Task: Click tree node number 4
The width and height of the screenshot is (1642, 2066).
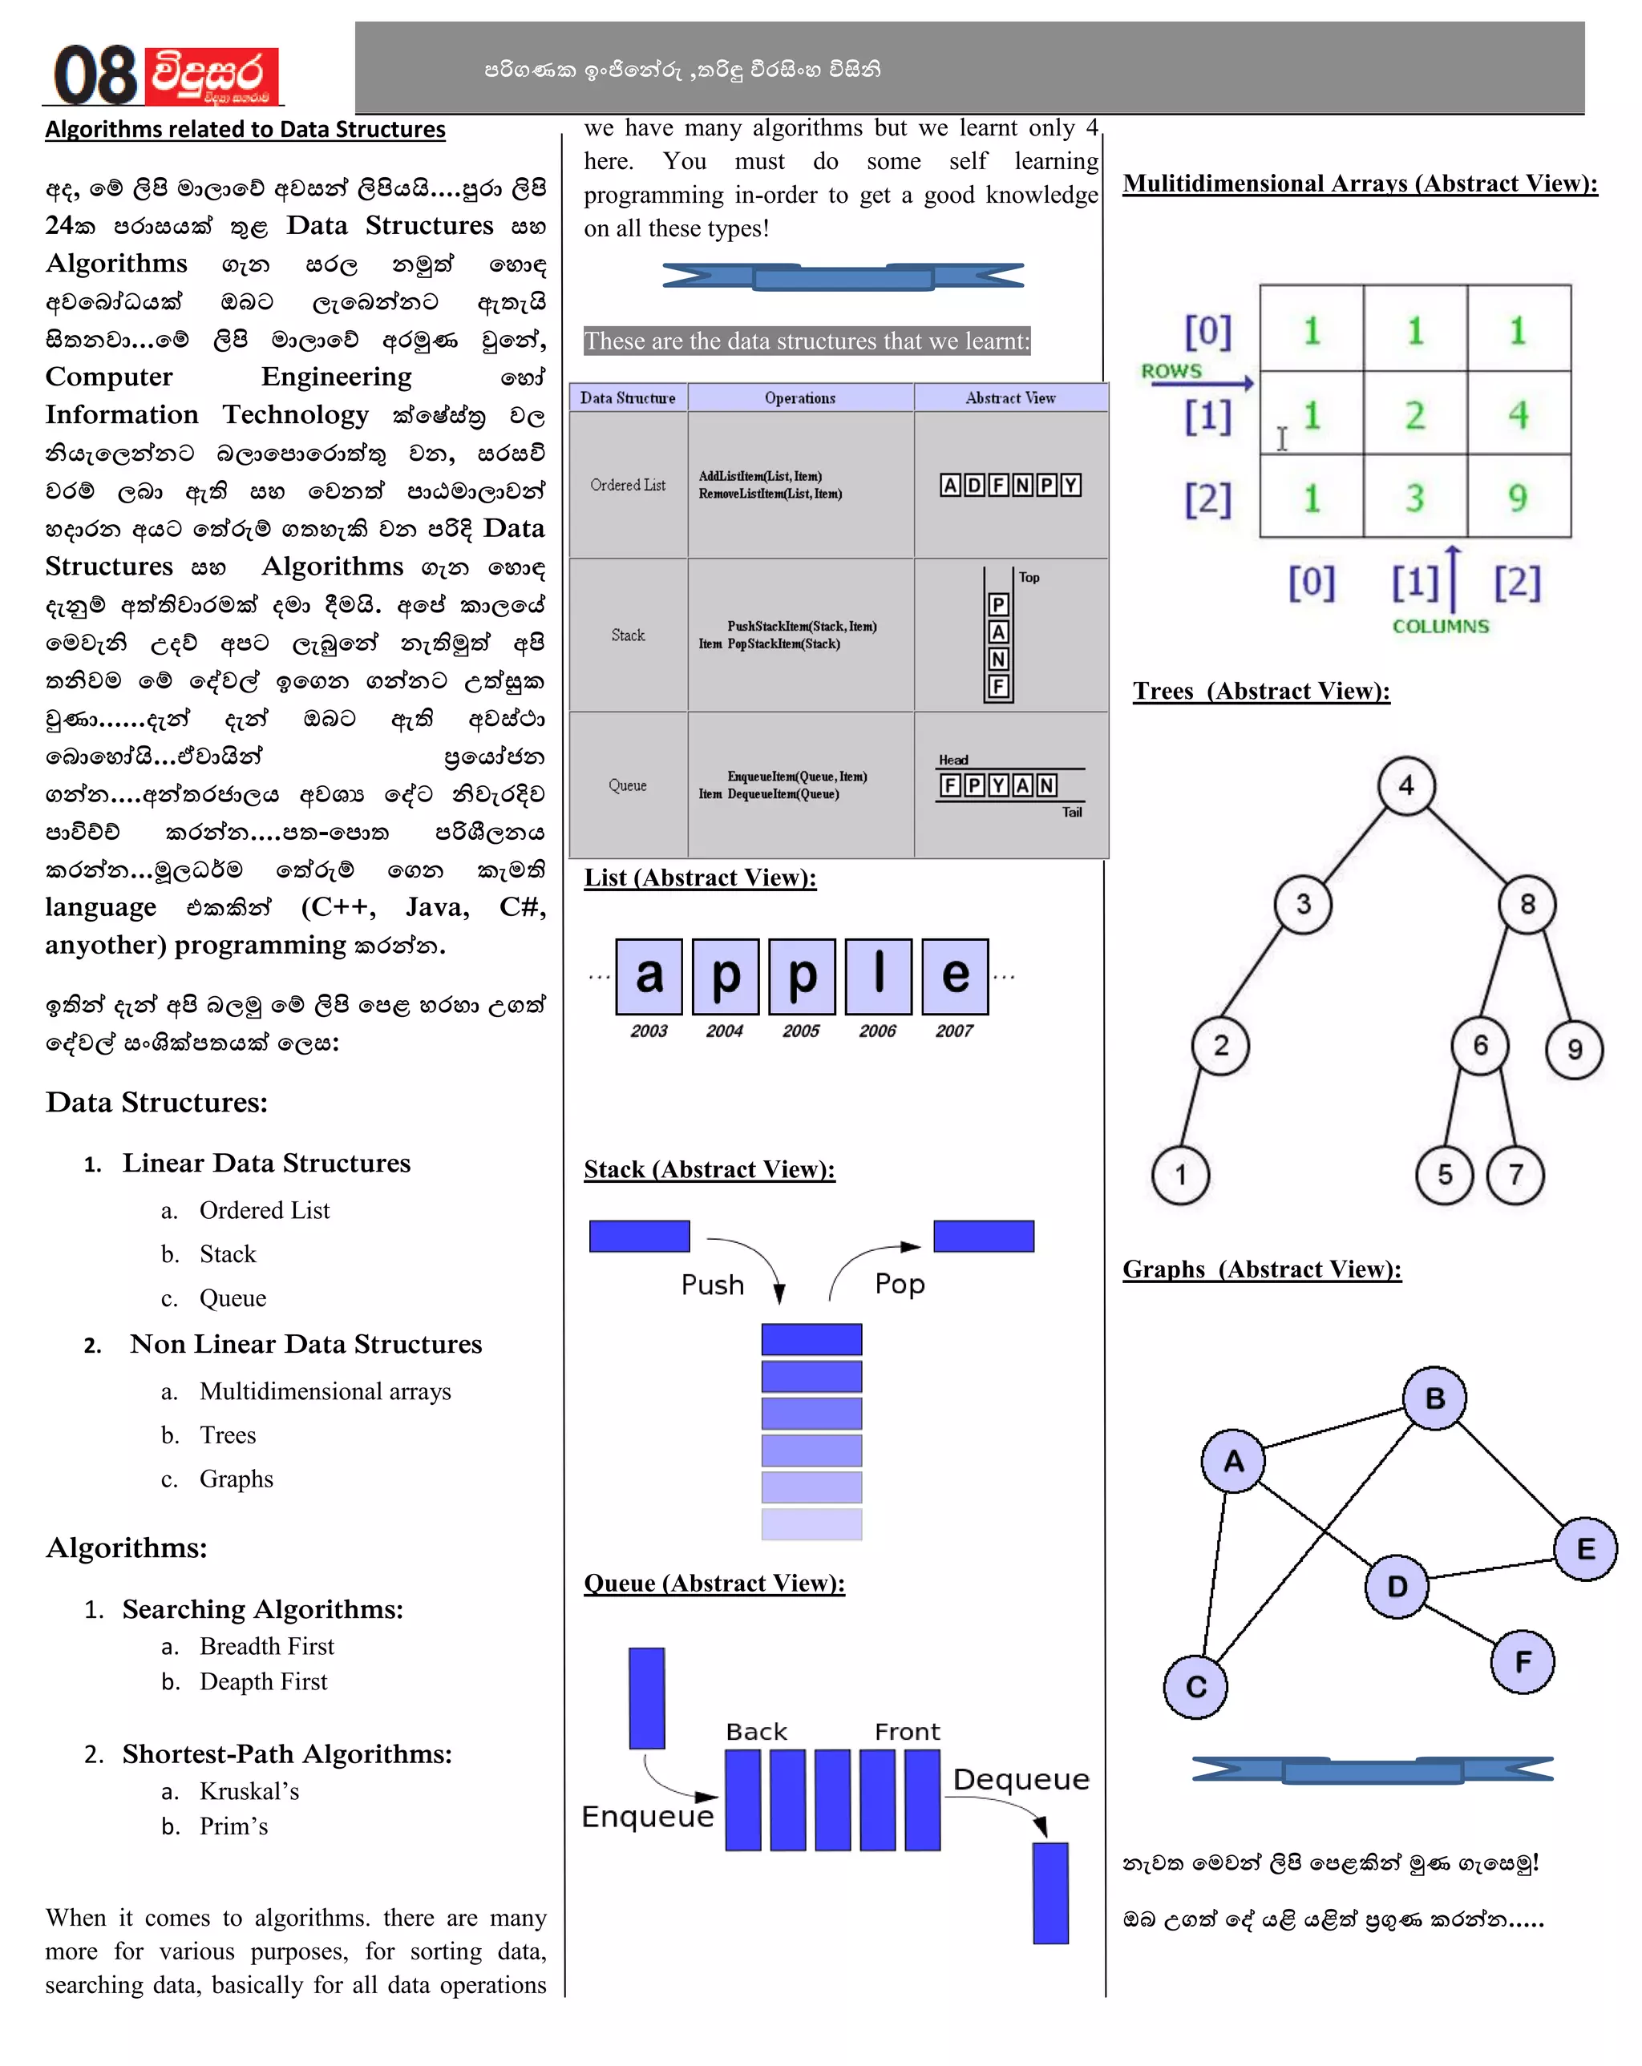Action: coord(1405,786)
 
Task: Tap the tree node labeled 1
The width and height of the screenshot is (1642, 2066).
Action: coord(1180,1175)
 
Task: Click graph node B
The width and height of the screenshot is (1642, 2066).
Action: coord(1434,1398)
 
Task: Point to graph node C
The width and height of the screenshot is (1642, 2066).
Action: coord(1195,1686)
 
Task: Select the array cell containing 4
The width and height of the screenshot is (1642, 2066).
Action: coord(1518,414)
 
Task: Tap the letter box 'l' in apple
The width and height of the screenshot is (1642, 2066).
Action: coord(878,975)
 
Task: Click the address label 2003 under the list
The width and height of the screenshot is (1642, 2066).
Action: coord(649,1031)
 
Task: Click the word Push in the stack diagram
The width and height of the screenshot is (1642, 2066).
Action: coord(712,1285)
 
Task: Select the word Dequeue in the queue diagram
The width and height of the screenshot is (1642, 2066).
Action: coord(1021,1779)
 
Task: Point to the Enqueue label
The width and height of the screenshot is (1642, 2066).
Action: coord(648,1817)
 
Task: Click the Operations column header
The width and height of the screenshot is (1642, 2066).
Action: coord(799,397)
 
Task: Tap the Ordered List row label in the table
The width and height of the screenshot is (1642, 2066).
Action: coord(628,485)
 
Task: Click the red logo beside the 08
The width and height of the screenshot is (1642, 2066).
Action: coord(212,75)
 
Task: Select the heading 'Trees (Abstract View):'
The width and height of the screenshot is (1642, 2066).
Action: coord(1260,691)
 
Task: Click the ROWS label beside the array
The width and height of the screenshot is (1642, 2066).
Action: coord(1171,371)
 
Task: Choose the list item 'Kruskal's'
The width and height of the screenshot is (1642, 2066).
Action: coord(249,1791)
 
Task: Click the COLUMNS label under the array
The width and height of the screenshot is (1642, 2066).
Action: coord(1440,626)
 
